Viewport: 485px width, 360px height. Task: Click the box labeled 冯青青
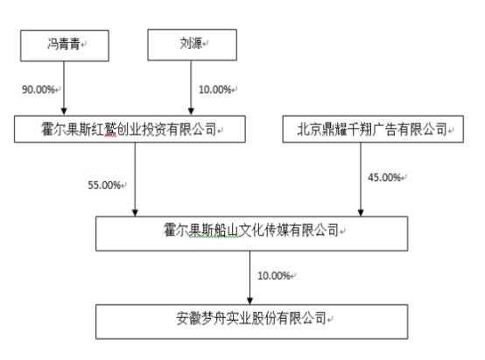coord(64,46)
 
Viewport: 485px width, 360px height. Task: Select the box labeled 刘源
coord(192,45)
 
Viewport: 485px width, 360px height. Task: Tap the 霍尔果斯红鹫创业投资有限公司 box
coord(130,129)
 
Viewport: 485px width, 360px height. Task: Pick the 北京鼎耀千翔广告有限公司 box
coord(373,129)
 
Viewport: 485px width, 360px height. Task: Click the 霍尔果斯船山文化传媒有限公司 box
coord(251,233)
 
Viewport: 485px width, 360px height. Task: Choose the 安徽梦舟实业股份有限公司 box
coord(251,321)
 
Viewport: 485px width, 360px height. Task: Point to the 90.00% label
coord(39,89)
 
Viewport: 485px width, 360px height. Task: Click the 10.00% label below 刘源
coord(215,89)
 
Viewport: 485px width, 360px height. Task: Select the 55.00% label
coord(104,185)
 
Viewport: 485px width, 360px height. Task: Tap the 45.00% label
coord(384,177)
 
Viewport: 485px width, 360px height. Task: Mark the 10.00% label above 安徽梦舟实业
coord(274,276)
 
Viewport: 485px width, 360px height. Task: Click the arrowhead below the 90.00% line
coord(64,111)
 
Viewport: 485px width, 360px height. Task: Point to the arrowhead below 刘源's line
coord(191,111)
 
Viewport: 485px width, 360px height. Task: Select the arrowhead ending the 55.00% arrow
coord(135,212)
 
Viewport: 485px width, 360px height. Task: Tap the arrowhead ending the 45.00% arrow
coord(361,212)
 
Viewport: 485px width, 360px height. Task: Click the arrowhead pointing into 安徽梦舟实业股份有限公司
coord(250,300)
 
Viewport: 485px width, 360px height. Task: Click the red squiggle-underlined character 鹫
coord(110,129)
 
